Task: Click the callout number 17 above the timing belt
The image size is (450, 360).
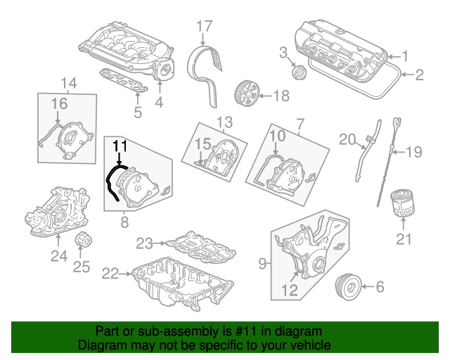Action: [204, 27]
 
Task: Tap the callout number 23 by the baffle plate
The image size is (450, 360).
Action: [144, 243]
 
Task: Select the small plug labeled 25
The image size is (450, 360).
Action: [83, 242]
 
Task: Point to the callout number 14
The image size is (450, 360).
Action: [68, 84]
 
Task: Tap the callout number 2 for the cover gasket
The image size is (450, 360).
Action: [419, 74]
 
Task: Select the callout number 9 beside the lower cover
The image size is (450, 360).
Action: [262, 264]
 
